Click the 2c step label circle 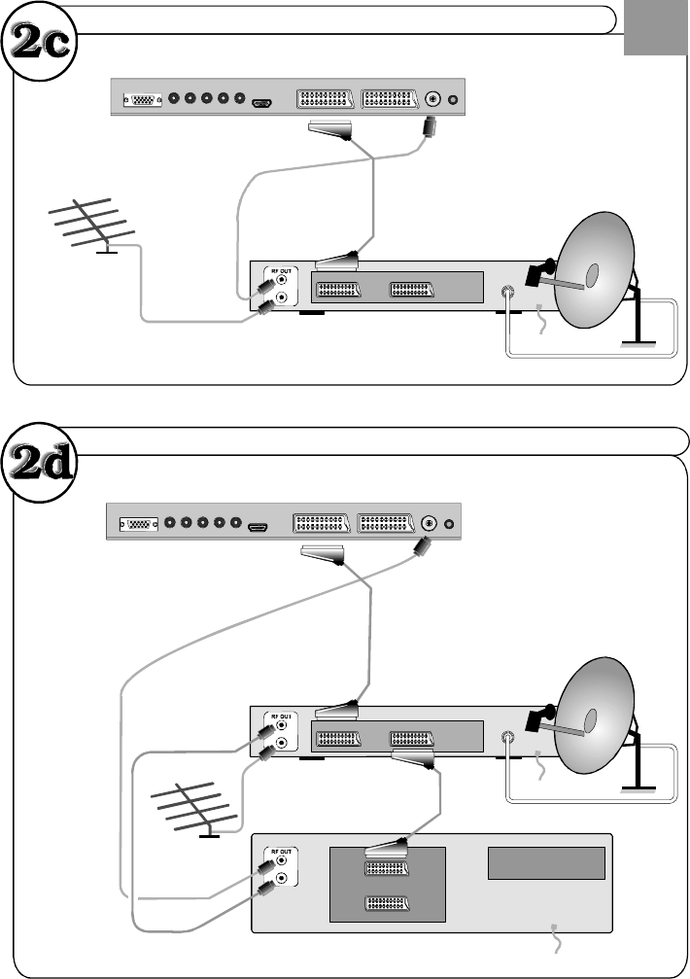point(39,42)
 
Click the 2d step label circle point(39,464)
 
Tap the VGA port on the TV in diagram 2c point(143,99)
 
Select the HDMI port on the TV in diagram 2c point(262,103)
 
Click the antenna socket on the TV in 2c point(432,98)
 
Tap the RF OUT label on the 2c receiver point(282,271)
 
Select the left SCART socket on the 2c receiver point(338,290)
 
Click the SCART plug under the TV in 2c point(330,129)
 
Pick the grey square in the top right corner point(655,27)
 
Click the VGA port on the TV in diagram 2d point(139,524)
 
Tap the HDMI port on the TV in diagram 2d point(258,528)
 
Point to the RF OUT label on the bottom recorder point(282,852)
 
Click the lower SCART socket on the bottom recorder point(387,903)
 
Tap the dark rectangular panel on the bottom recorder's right point(546,863)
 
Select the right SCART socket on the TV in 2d point(386,523)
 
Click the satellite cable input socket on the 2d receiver point(508,737)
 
